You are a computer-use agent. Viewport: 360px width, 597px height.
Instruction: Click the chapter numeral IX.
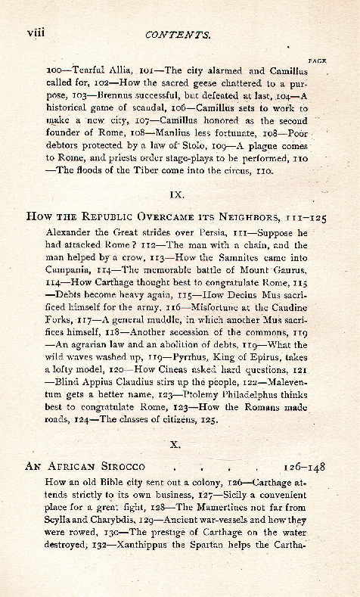pos(178,194)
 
